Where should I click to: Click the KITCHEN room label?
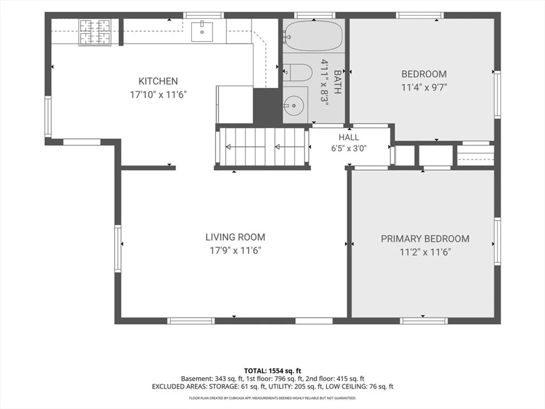158,81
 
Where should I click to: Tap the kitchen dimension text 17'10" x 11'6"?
158,95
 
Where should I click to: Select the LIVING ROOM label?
235,237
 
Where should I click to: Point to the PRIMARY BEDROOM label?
425,239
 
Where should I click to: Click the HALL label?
349,137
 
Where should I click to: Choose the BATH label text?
337,82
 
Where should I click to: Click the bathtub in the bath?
313,36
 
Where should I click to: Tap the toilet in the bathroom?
297,72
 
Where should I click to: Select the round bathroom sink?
294,106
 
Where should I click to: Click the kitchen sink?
202,32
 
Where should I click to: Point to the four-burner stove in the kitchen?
95,32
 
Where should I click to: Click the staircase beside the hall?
262,147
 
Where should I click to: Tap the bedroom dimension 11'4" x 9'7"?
424,87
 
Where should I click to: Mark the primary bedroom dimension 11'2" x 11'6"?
425,252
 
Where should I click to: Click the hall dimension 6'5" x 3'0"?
349,148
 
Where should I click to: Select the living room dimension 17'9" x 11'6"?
235,251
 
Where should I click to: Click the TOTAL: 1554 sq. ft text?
272,371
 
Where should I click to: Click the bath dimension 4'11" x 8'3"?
324,82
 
